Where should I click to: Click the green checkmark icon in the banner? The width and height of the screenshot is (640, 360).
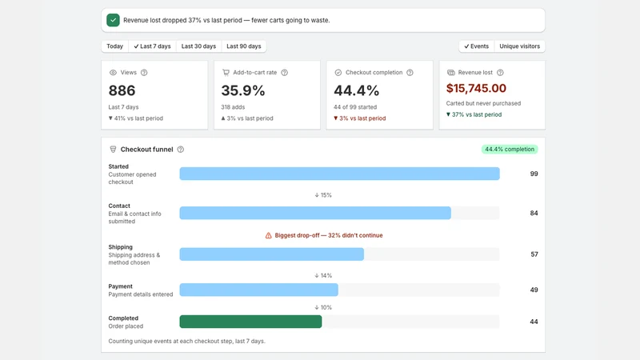point(113,20)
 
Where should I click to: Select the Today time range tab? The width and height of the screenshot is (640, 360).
point(114,46)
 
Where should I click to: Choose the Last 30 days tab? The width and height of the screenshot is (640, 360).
point(198,46)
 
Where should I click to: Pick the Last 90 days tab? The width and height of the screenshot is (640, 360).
point(244,46)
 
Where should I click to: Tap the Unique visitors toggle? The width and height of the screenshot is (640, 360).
point(519,46)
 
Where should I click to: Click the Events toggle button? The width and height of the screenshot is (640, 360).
point(476,46)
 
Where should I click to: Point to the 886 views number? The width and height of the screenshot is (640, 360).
point(122,90)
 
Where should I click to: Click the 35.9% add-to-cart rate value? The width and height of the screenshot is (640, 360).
point(243,90)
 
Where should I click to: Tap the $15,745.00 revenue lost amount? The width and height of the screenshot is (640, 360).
point(476,88)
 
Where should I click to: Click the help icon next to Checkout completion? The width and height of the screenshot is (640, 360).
point(410,73)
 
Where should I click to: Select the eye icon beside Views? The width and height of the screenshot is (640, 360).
point(113,73)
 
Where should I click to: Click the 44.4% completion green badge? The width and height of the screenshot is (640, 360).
point(510,150)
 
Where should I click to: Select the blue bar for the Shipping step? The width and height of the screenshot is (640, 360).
point(271,254)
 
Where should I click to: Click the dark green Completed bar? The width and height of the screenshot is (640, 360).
point(250,322)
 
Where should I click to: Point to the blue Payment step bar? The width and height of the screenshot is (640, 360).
point(258,290)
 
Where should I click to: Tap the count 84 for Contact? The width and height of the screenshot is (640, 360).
point(534,213)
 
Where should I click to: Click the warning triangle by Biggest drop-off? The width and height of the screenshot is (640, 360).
point(268,235)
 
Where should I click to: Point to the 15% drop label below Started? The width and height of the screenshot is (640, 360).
point(323,195)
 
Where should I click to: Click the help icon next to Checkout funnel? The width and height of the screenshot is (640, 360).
point(181,150)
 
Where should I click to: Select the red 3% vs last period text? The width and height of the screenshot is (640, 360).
point(359,118)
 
